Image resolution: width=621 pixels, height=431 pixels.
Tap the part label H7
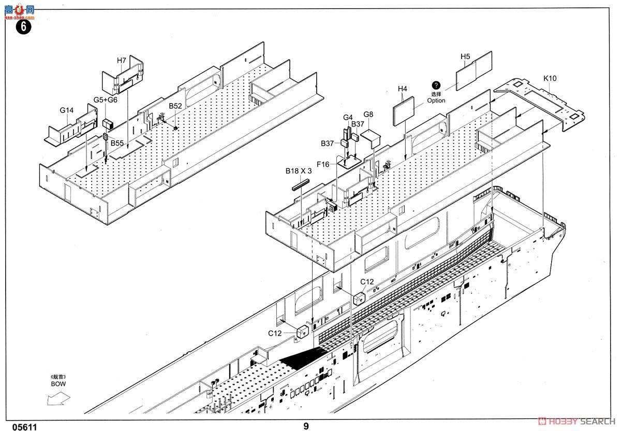point(122,61)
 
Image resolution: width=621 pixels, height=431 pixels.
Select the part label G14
point(67,110)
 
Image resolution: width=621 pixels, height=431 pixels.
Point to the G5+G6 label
point(106,100)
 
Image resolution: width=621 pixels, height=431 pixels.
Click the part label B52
point(175,106)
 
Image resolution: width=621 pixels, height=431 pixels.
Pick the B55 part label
point(117,143)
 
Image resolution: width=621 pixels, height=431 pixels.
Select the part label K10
point(550,79)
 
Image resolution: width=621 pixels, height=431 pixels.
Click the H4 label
point(403,89)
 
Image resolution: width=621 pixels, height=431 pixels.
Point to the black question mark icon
point(436,85)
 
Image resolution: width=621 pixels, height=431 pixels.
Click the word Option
point(436,100)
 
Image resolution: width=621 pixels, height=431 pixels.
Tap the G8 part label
point(368,114)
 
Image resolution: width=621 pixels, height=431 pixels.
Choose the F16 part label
point(323,164)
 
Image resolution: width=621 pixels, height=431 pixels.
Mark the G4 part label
point(348,117)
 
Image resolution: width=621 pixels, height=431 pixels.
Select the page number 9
point(306,426)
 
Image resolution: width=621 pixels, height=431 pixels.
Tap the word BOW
point(58,384)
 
